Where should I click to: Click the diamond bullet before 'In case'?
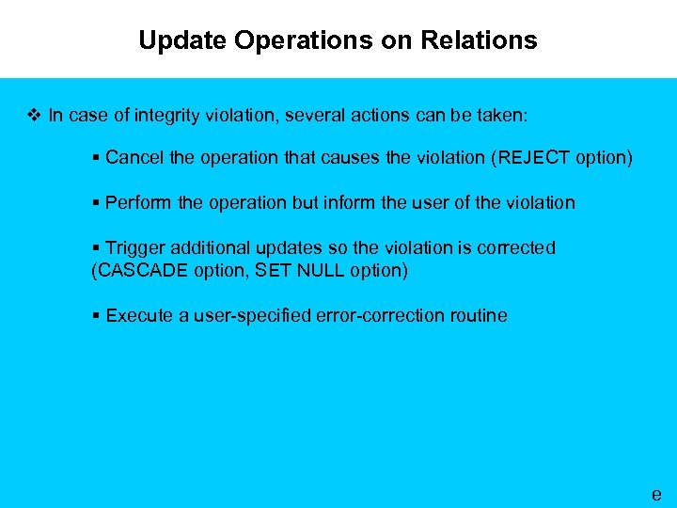tap(35, 116)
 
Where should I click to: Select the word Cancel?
tap(135, 157)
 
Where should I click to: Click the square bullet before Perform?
tap(96, 202)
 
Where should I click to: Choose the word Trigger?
tap(134, 247)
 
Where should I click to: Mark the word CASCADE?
tap(134, 270)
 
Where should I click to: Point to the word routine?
tap(479, 315)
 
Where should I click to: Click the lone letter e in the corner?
tap(656, 494)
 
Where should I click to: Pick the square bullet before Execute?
tap(96, 315)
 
